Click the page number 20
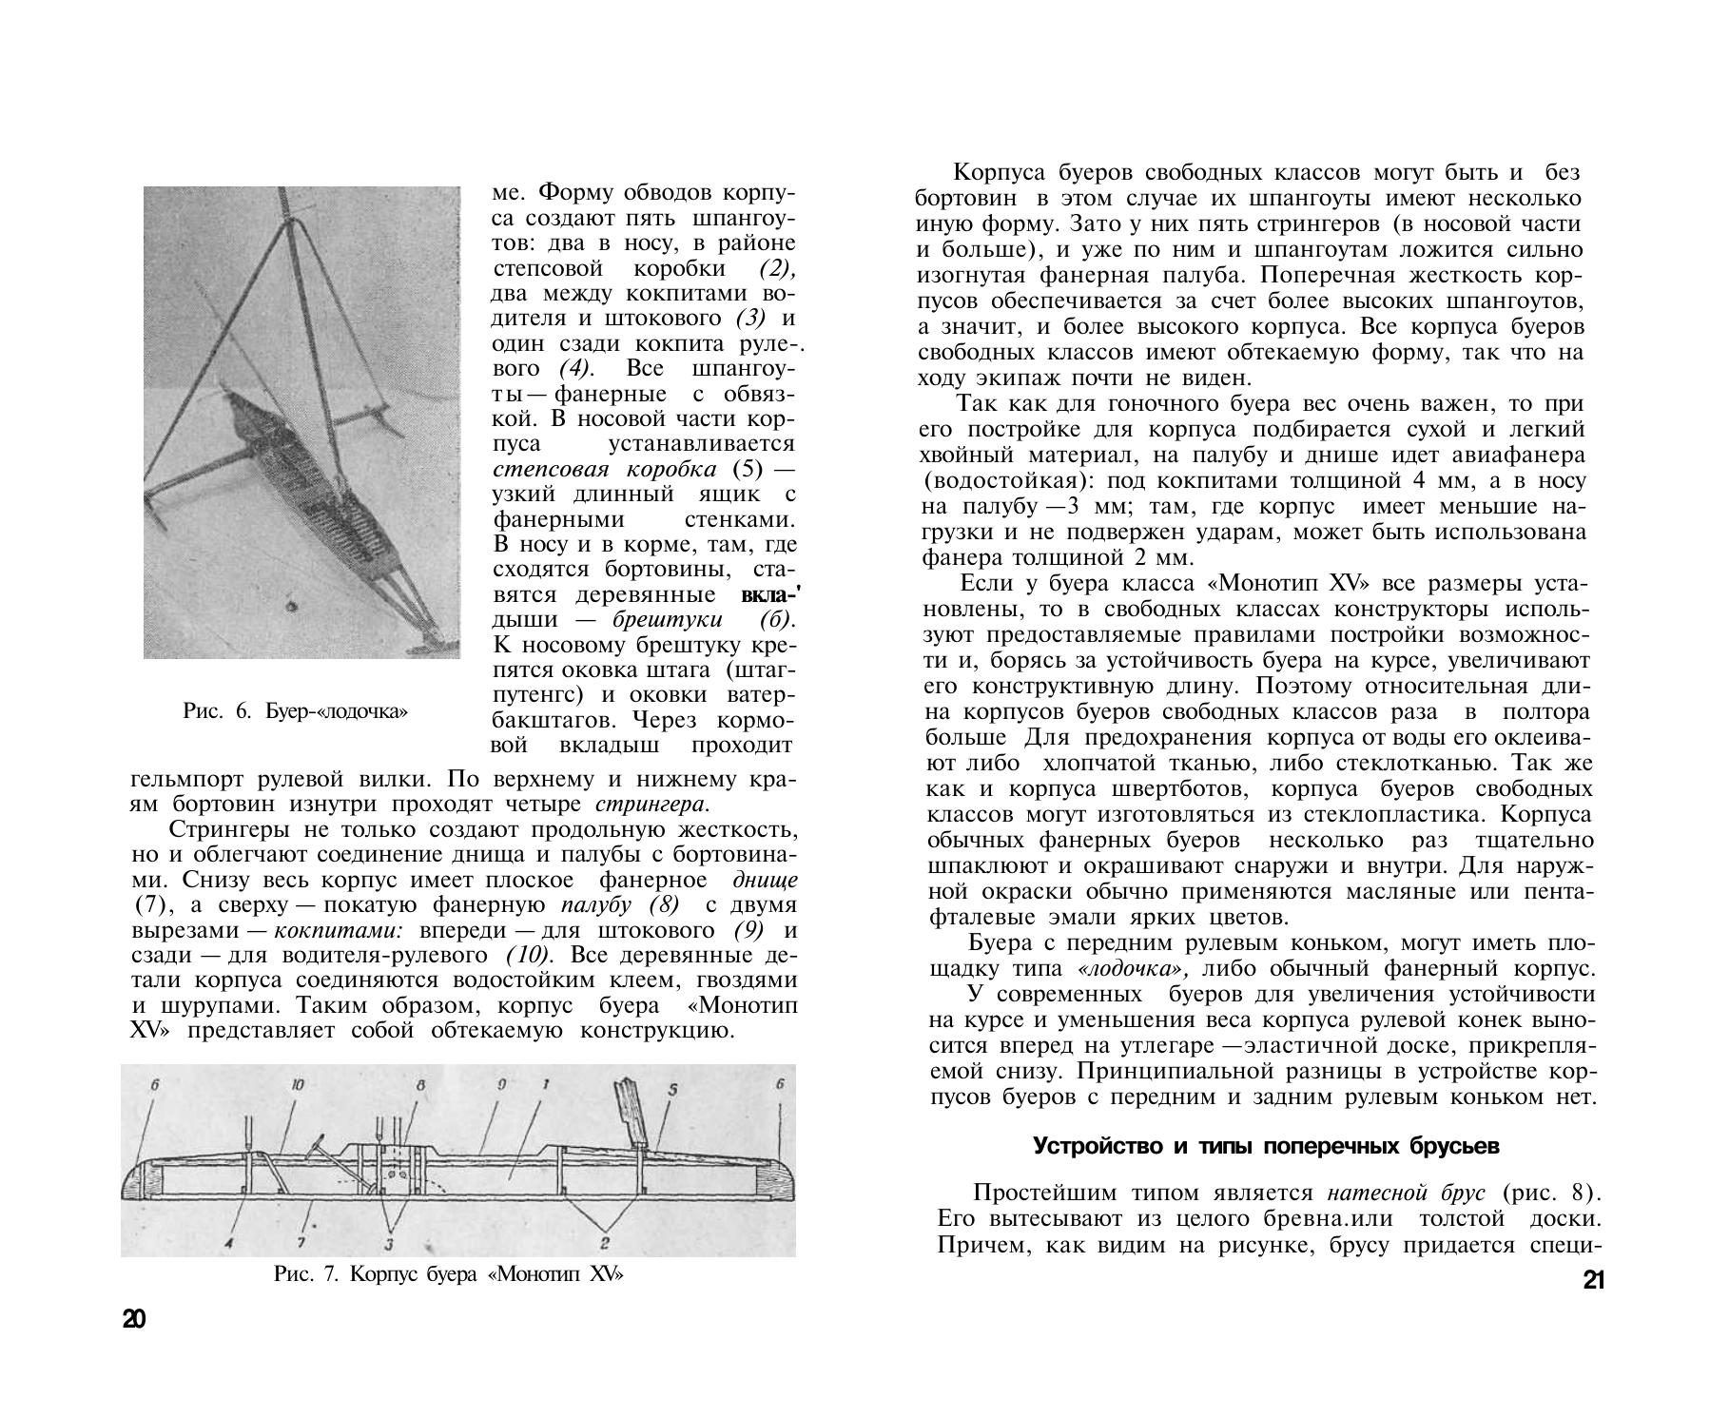(134, 1319)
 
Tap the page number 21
(1593, 1280)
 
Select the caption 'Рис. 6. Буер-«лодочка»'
(295, 710)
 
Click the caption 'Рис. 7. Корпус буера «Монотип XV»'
(448, 1274)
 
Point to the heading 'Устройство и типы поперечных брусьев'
(1266, 1146)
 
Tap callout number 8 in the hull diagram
(420, 1085)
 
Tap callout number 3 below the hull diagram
(389, 1244)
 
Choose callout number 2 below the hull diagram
(605, 1242)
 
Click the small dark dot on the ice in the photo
(291, 606)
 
